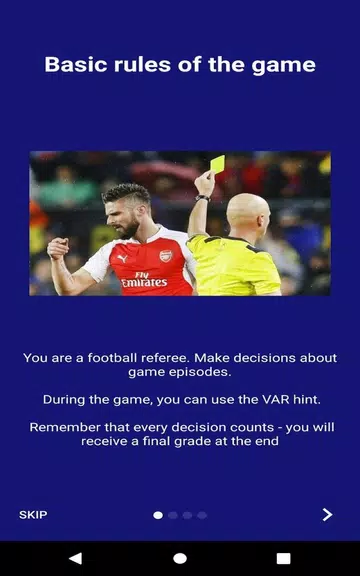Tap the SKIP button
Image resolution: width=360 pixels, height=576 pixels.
click(33, 515)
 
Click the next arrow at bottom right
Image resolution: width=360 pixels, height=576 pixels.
click(327, 515)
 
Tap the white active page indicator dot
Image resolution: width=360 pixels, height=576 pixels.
click(158, 515)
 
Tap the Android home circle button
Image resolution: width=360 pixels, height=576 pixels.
click(180, 558)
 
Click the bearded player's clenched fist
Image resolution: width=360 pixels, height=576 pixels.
click(57, 250)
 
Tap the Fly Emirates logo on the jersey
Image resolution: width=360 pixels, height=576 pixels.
click(144, 279)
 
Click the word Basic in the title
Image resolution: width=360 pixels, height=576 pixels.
click(75, 65)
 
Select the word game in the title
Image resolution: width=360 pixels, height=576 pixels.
click(287, 65)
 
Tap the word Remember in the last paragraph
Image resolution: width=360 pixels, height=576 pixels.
click(66, 427)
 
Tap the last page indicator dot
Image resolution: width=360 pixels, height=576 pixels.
click(202, 515)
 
